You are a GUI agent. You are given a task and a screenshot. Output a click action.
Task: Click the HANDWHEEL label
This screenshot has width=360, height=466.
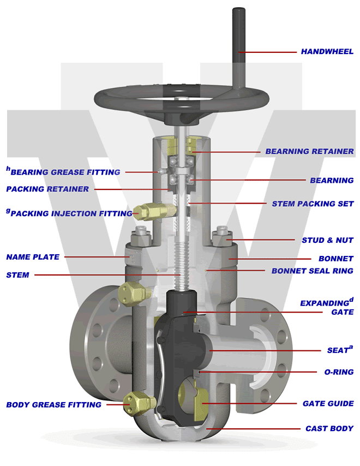327,52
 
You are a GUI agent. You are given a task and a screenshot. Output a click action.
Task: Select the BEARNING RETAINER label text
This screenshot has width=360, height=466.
309,151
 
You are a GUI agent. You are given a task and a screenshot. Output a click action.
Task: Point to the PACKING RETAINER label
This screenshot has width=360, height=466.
47,189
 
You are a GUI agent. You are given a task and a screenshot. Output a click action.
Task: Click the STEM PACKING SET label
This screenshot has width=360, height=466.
313,204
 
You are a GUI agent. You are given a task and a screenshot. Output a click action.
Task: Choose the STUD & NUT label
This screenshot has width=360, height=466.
327,240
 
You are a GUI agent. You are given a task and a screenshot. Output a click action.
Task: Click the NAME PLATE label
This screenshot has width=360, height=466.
33,257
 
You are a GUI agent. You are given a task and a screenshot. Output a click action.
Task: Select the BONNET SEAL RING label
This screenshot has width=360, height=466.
313,271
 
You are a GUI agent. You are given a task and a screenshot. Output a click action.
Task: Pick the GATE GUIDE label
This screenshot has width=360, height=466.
328,404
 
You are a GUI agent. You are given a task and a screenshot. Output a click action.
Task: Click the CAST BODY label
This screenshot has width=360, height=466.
329,429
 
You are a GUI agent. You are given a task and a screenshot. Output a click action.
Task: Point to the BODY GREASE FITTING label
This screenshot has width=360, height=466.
53,405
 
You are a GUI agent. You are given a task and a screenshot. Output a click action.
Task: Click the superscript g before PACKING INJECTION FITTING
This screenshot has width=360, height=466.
8,210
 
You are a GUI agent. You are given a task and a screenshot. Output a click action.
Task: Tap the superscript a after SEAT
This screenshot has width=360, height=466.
351,347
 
